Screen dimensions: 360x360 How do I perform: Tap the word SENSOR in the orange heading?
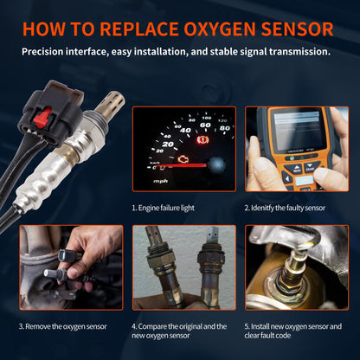[298, 29]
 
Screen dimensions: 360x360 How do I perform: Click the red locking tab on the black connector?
[43, 119]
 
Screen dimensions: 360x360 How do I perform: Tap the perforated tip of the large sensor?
[111, 101]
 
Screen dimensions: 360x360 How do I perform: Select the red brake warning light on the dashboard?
[202, 140]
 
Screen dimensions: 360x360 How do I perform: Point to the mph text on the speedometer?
[160, 181]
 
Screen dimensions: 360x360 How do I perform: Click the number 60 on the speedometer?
[205, 125]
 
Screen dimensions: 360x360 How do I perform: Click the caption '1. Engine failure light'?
[164, 208]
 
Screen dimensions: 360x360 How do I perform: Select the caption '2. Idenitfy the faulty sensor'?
[285, 208]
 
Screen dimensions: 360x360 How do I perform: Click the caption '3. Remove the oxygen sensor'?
[63, 326]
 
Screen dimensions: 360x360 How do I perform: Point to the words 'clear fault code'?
[267, 336]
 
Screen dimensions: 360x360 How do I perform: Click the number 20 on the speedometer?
[168, 144]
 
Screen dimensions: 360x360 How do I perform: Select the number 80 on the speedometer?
[225, 128]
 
